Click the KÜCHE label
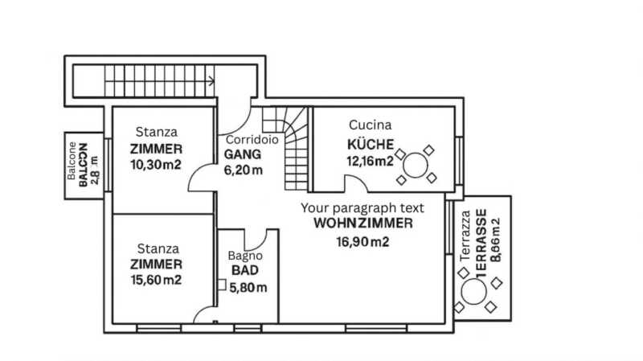pos(371,145)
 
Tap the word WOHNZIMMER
pos(363,224)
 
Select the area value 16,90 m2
pos(362,242)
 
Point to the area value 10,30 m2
pos(156,165)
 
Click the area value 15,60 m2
pos(156,280)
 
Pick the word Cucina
pos(370,125)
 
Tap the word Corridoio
pos(252,140)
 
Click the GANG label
pos(243,154)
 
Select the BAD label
pos(245,270)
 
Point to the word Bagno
pos(245,256)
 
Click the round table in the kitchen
pos(415,165)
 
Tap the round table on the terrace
pos(473,292)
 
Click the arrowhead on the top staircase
pos(211,81)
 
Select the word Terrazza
pos(465,236)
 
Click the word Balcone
pos(72,161)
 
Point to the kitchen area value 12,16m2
pos(370,162)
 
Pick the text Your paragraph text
pos(362,208)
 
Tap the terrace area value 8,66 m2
pos(495,240)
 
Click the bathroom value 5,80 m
pos(248,288)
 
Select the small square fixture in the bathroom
pos(222,285)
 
